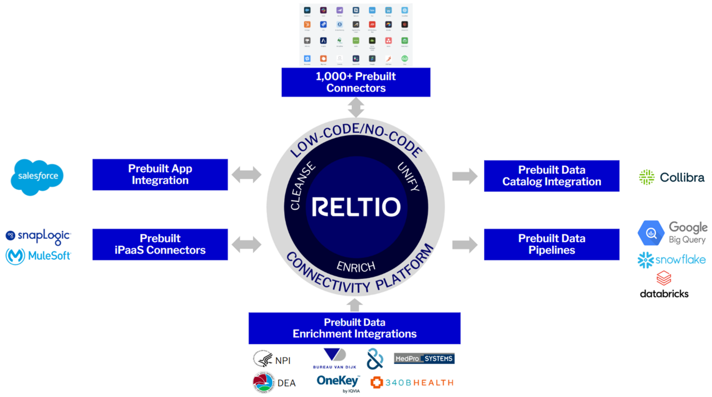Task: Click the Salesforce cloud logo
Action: click(x=37, y=177)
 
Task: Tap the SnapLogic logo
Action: click(x=38, y=236)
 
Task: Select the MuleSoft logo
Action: click(x=38, y=256)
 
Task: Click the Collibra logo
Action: click(x=672, y=177)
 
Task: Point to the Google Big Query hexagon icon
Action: click(x=651, y=233)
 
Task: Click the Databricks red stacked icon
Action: click(x=663, y=278)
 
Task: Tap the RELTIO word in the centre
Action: click(x=356, y=207)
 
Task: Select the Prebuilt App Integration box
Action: click(x=160, y=174)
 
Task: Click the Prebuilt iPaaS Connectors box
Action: click(x=160, y=244)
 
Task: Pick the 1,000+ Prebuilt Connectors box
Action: click(x=356, y=82)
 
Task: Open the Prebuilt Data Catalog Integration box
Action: click(x=551, y=176)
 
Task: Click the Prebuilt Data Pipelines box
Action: click(x=551, y=244)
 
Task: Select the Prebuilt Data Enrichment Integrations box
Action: click(x=354, y=328)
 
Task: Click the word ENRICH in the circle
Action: click(x=356, y=267)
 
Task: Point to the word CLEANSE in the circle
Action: click(x=302, y=186)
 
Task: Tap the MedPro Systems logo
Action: click(x=424, y=359)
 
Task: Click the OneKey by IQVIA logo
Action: click(x=338, y=382)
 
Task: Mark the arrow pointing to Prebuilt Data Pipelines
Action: click(x=465, y=245)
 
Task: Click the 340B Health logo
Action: click(x=412, y=382)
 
